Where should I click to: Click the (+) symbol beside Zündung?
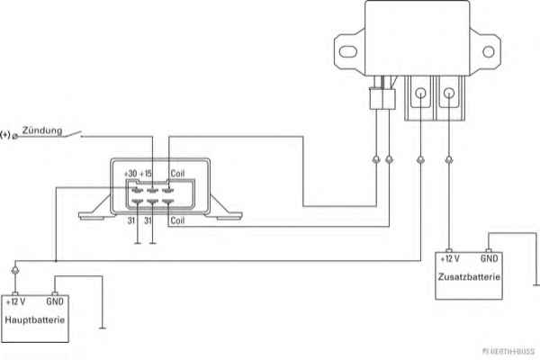[x=7, y=135]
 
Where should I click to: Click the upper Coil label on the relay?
[x=178, y=173]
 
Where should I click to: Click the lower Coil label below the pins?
[x=178, y=220]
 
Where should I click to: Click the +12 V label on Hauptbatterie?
[x=15, y=301]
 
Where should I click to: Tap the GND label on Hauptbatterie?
[x=55, y=301]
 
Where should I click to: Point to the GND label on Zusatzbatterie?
[x=489, y=257]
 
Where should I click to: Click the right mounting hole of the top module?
[x=488, y=51]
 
